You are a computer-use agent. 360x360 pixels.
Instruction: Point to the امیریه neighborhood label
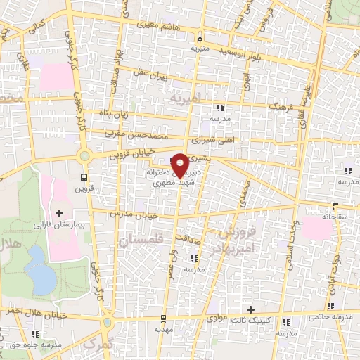(185, 98)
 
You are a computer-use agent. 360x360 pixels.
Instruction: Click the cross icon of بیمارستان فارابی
(58, 213)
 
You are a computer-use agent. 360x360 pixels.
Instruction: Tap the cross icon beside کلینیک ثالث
(250, 309)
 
